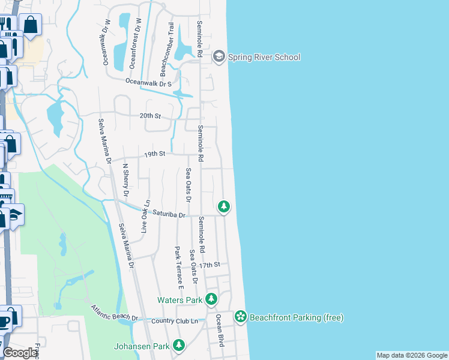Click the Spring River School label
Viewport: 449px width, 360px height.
point(264,57)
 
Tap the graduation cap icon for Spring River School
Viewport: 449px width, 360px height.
point(218,56)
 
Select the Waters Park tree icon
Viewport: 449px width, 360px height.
point(211,299)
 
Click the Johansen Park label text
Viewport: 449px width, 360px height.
point(141,346)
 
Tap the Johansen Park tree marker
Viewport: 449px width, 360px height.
point(178,345)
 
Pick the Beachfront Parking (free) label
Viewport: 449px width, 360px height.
point(296,317)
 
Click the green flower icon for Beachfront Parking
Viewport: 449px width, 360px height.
point(241,316)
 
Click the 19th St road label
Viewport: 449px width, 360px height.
point(154,154)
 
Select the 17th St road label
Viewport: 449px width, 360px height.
point(211,265)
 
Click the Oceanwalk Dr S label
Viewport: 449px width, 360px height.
point(149,83)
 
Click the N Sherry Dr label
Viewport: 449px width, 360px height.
point(125,180)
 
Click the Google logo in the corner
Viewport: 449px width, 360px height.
point(20,353)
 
